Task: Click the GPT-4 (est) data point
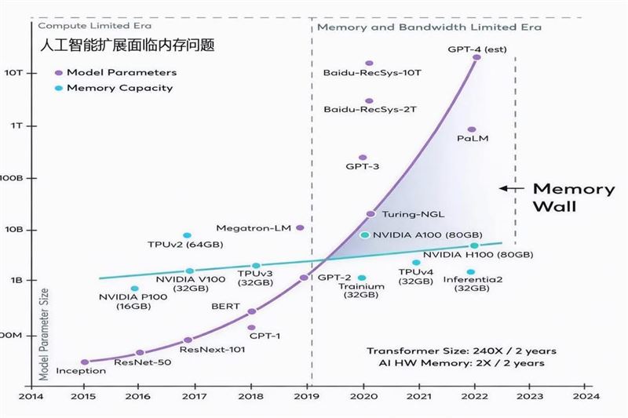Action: (476, 57)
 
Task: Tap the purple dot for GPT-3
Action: (363, 158)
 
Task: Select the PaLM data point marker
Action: (472, 129)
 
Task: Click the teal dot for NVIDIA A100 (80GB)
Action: (364, 234)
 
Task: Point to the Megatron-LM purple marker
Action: (300, 227)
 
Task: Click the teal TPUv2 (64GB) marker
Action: (187, 235)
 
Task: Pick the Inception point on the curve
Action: (85, 362)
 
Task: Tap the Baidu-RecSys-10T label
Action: (372, 73)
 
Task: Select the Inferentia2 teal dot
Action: (471, 272)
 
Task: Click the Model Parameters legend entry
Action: (122, 72)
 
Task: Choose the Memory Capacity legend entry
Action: (119, 88)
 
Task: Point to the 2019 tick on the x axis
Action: (305, 396)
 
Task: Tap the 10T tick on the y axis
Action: (18, 72)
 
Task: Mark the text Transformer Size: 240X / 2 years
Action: (455, 351)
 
